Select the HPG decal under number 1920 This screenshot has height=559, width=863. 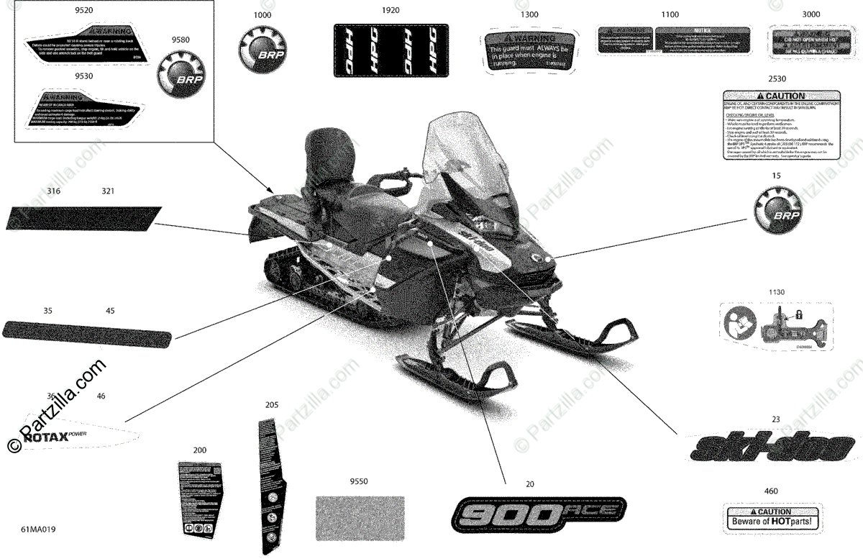388,50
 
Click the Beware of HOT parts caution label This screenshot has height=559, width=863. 772,517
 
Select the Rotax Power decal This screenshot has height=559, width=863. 79,432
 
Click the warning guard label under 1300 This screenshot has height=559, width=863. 529,50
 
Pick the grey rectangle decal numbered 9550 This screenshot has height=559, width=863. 361,516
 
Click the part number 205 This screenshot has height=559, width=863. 271,406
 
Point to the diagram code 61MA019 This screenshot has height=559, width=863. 38,530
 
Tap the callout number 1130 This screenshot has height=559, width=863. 776,293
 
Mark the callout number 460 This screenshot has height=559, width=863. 772,491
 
